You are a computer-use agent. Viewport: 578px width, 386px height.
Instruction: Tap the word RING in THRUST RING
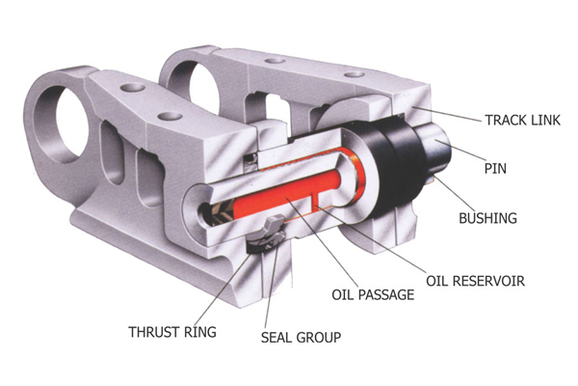(201, 332)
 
